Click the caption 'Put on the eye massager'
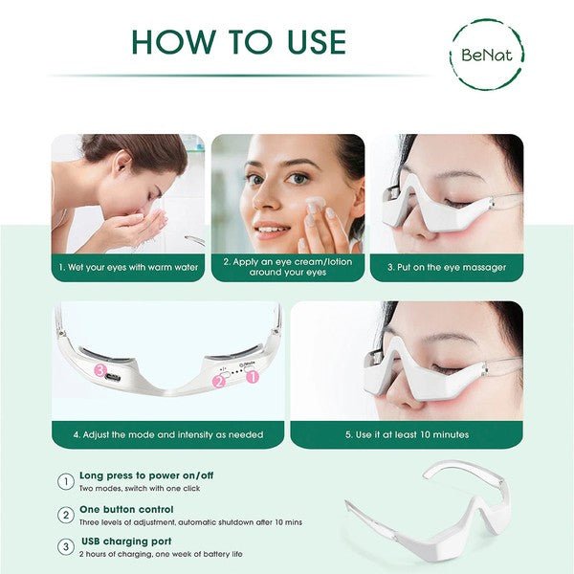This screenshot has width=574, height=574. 446,267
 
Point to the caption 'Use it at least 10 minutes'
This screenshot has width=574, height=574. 407,434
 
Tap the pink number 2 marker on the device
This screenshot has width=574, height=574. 218,381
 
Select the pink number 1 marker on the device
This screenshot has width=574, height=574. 253,377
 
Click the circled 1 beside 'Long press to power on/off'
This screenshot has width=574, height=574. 66,482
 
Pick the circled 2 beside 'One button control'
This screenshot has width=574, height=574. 66,516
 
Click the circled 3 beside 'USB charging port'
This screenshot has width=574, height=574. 66,547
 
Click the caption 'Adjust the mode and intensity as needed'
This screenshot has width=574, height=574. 167,434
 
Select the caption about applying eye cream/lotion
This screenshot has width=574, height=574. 287,267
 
